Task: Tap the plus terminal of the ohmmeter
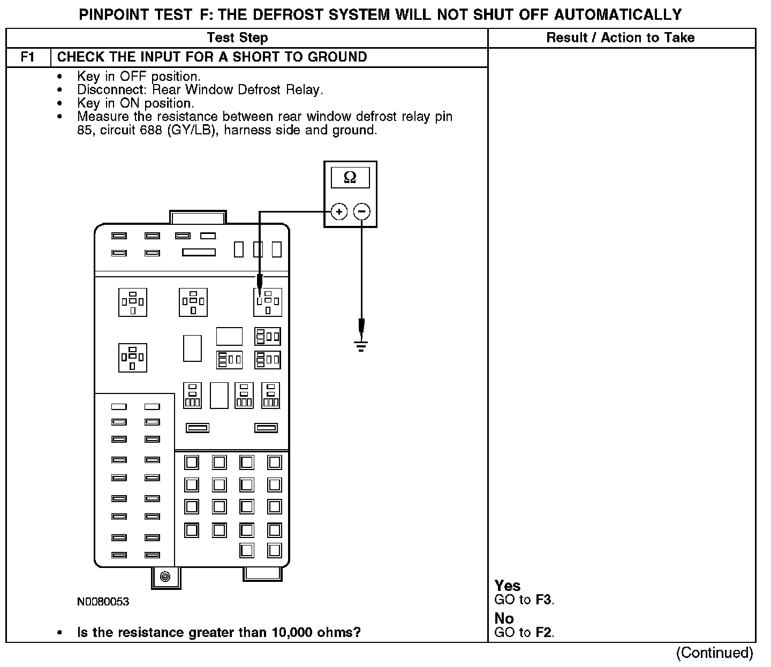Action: [x=339, y=212]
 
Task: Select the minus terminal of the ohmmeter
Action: [x=362, y=212]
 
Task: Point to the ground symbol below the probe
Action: [x=361, y=346]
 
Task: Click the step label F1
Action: [x=28, y=57]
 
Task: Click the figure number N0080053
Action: [x=103, y=602]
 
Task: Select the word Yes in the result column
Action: [x=508, y=586]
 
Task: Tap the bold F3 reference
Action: [x=543, y=600]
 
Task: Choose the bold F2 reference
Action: [x=543, y=632]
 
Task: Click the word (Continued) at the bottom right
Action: [x=714, y=653]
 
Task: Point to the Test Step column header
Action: [x=237, y=37]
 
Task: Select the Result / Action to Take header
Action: [x=621, y=37]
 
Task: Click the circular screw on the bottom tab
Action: [x=165, y=577]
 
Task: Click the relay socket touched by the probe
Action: [x=267, y=302]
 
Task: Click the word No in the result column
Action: [x=504, y=618]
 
